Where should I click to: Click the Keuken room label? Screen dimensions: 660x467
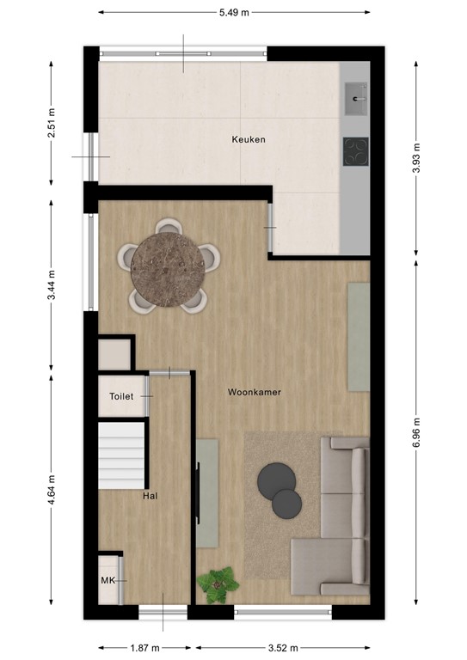(249, 139)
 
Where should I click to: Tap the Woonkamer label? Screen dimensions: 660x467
(255, 392)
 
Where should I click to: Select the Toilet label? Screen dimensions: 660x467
(121, 396)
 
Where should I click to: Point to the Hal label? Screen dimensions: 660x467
(149, 496)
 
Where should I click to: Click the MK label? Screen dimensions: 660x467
(108, 581)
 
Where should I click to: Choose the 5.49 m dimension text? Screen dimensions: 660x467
(235, 12)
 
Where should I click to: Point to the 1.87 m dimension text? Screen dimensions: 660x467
(144, 648)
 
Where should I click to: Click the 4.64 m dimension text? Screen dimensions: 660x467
(52, 489)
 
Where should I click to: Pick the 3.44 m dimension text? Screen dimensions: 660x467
(52, 284)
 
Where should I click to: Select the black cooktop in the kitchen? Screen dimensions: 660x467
(355, 151)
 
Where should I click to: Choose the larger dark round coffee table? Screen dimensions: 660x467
(277, 479)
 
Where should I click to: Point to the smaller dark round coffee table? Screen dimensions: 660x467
(287, 503)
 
